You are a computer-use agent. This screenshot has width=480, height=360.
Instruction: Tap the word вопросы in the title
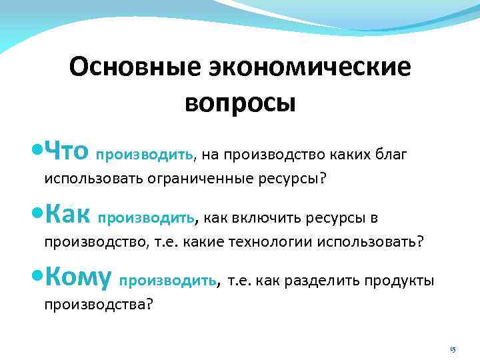[x=239, y=103]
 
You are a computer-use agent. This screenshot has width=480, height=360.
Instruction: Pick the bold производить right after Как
[x=147, y=219]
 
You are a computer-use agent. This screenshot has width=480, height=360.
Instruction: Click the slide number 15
[x=452, y=349]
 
